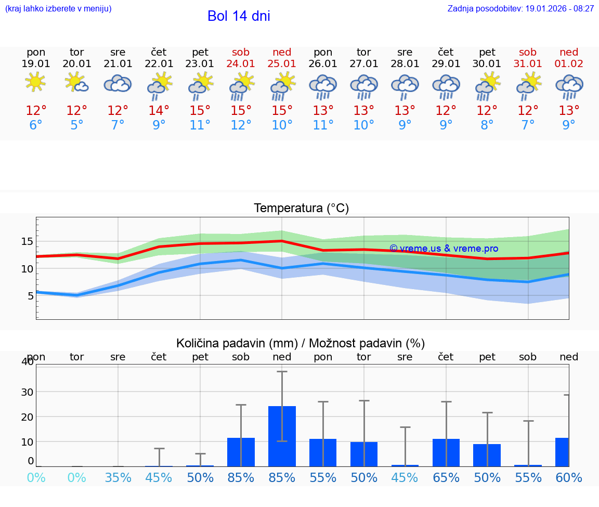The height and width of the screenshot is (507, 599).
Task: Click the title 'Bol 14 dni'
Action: coord(239,16)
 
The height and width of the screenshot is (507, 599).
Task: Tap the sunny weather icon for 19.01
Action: coord(36,82)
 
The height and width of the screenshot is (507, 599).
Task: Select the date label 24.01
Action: coord(241,64)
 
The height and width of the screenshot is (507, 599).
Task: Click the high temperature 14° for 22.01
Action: coord(159,111)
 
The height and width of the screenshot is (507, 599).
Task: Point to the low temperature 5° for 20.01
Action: coord(77,125)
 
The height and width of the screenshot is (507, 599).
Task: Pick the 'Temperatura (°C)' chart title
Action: coord(301,209)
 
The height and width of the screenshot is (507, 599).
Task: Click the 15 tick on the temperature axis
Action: coord(27,241)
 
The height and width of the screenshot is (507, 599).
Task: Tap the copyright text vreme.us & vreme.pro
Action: coord(444,249)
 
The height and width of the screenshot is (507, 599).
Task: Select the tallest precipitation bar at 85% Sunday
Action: coord(282,436)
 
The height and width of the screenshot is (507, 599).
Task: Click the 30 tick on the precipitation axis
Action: coord(27,392)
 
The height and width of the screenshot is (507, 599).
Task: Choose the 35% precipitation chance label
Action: coord(118,477)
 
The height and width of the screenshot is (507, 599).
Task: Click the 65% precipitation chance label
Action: coord(446,477)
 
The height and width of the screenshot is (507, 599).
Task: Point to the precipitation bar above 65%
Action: coord(446,452)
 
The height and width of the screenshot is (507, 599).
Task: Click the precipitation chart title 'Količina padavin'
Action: coord(301,343)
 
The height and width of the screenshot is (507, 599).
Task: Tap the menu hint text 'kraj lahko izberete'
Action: coord(58,9)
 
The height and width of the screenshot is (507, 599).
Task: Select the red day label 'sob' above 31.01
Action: coord(528,52)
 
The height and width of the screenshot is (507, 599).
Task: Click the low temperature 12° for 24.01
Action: coord(241,125)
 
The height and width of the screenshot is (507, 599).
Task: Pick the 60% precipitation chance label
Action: coord(569,477)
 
